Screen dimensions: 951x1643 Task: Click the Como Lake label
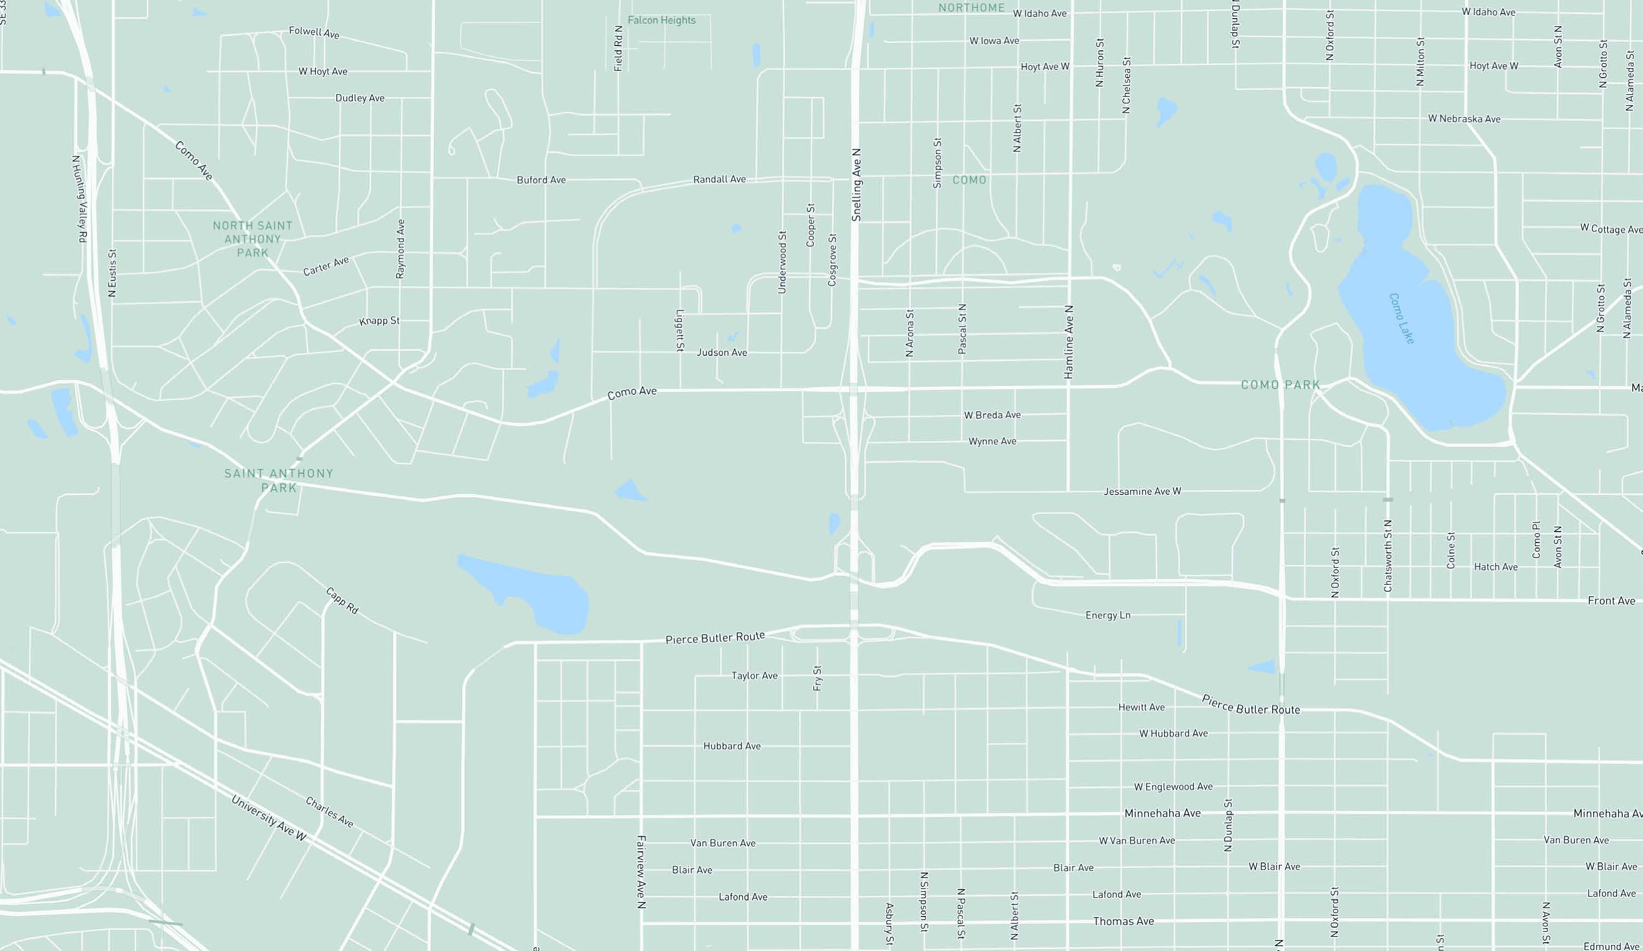1401,319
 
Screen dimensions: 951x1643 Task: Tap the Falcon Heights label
661,20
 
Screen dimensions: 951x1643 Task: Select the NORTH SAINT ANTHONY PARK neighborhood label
252,239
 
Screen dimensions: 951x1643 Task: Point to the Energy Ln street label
1108,615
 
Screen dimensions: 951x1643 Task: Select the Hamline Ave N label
1068,342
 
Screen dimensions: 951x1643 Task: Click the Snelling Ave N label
857,185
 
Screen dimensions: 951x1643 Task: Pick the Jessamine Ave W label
1142,492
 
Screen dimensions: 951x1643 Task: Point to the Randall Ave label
719,179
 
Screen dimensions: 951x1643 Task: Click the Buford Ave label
541,180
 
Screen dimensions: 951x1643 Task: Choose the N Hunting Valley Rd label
79,199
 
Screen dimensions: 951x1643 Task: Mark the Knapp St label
380,321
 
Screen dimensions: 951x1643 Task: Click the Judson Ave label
722,353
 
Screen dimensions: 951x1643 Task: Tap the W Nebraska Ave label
1464,119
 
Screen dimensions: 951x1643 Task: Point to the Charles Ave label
329,812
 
